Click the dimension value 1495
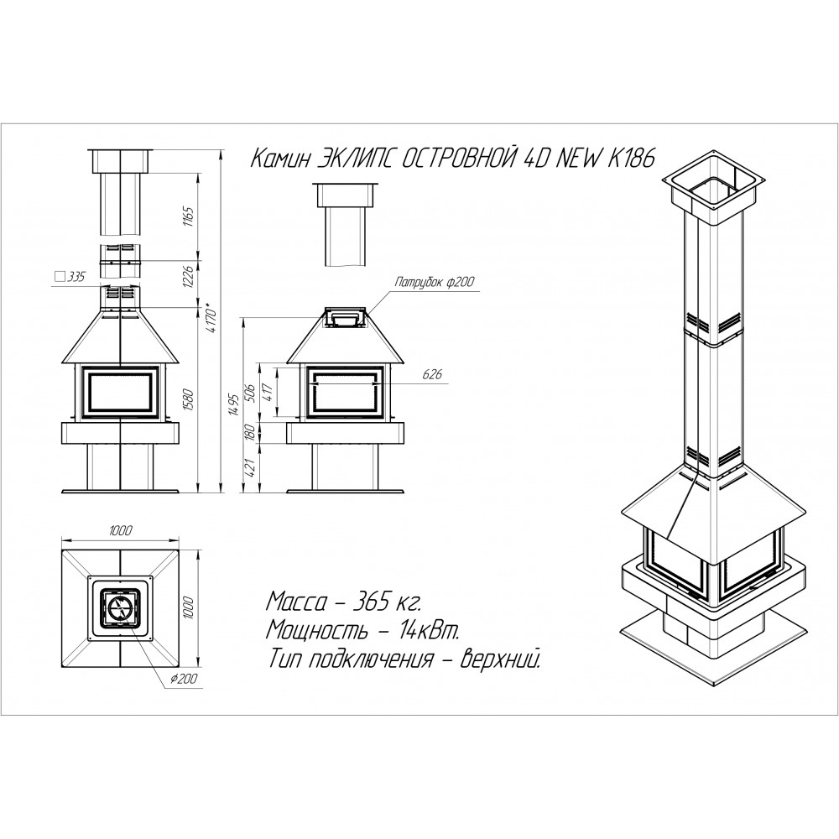click(232, 404)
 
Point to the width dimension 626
click(432, 374)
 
